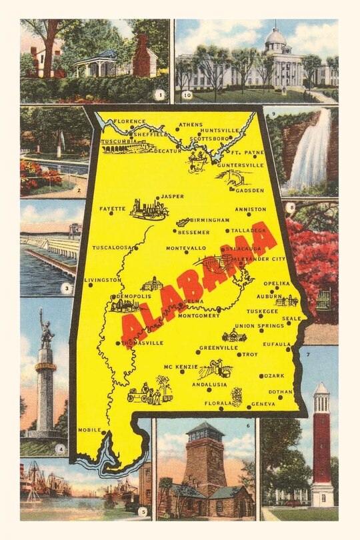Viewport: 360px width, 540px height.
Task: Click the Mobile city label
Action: [89, 430]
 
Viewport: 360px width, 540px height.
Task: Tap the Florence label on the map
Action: [129, 121]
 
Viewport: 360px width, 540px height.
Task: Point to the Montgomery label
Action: [198, 315]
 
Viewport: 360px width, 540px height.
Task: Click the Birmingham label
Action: [210, 219]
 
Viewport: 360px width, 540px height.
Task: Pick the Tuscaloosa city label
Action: [111, 247]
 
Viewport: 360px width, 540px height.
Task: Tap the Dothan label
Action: [281, 391]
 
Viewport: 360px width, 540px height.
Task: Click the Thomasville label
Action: [143, 343]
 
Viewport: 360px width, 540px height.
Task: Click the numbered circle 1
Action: [159, 95]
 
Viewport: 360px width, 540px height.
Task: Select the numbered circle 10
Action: [187, 95]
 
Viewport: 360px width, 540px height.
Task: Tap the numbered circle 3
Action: [66, 289]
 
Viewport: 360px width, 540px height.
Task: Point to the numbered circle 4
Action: [61, 449]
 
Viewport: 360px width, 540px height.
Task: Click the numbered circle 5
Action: [141, 512]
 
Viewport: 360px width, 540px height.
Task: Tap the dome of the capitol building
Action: [275, 36]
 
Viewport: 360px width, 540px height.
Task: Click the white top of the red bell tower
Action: [321, 389]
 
